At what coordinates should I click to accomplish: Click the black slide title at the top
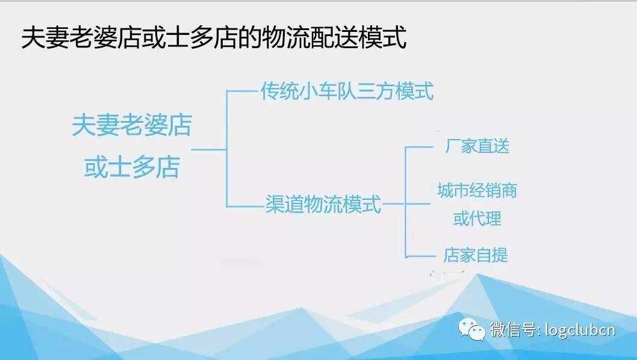(x=214, y=37)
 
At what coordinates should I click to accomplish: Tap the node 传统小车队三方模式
(x=347, y=91)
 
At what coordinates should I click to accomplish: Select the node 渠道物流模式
(x=323, y=204)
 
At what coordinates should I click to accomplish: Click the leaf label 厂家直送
(x=477, y=146)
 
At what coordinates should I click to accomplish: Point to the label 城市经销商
(x=477, y=191)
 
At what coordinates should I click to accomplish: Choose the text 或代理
(x=477, y=219)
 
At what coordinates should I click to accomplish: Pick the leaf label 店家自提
(x=475, y=255)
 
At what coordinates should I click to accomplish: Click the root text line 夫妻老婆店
(x=132, y=125)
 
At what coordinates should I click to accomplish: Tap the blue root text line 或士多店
(x=132, y=167)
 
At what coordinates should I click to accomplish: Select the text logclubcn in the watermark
(x=580, y=329)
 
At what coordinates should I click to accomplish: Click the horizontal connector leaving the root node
(x=209, y=149)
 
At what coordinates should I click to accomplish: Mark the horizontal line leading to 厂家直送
(x=419, y=147)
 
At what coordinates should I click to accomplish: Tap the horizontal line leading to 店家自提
(x=420, y=256)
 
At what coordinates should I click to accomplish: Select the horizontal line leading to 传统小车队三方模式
(x=243, y=92)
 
